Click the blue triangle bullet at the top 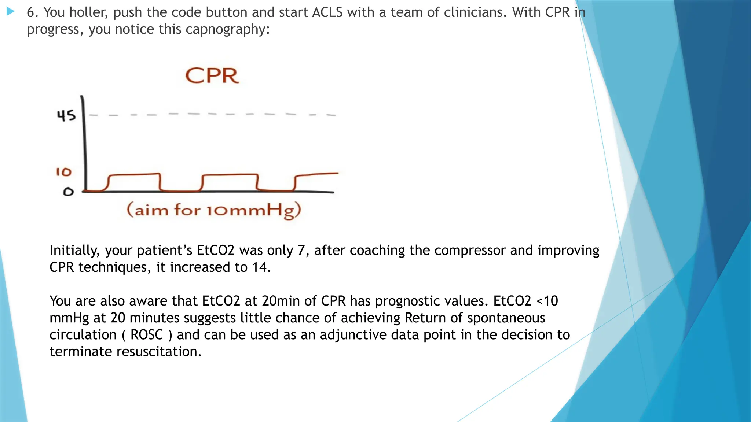pyautogui.click(x=10, y=12)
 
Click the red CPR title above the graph pyautogui.click(x=212, y=76)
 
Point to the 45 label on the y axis pyautogui.click(x=66, y=115)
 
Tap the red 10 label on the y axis pyautogui.click(x=63, y=172)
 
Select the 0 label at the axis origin pyautogui.click(x=68, y=192)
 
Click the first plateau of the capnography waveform pyautogui.click(x=134, y=175)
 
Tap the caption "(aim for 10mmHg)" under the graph pyautogui.click(x=214, y=210)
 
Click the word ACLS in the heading pyautogui.click(x=327, y=12)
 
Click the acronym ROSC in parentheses pyautogui.click(x=146, y=335)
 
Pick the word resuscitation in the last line pyautogui.click(x=159, y=352)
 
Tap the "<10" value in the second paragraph pyautogui.click(x=547, y=301)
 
